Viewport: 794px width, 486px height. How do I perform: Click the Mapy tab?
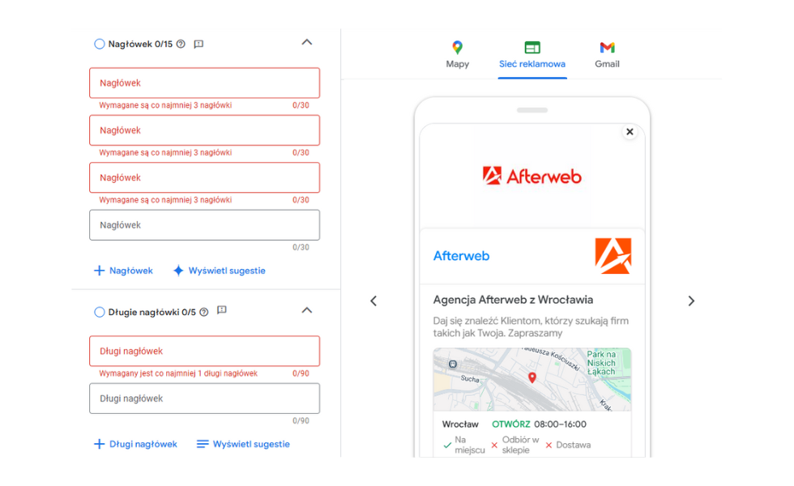457,55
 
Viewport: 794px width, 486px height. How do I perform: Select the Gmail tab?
607,55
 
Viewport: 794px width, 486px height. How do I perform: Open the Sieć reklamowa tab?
532,55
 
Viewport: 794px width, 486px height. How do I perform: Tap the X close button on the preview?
630,131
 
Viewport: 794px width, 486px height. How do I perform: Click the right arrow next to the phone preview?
691,301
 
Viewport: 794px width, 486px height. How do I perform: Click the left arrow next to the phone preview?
374,301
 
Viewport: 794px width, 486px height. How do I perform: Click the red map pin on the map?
532,377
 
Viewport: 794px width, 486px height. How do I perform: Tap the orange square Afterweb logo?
613,256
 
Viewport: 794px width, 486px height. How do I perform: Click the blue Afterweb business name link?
461,256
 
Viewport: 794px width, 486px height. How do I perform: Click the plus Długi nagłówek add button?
136,444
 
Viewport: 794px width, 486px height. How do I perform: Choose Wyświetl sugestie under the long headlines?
243,444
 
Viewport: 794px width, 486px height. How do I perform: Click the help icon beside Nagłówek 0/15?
181,44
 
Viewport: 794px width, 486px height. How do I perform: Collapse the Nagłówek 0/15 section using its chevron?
307,42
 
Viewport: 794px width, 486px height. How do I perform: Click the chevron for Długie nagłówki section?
307,310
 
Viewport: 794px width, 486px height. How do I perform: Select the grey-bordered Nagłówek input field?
204,225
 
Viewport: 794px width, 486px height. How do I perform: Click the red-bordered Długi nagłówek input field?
204,351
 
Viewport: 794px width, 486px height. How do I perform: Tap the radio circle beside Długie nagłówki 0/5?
99,312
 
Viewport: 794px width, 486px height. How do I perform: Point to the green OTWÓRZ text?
511,424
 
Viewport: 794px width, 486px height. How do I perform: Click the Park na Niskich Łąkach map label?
601,363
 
